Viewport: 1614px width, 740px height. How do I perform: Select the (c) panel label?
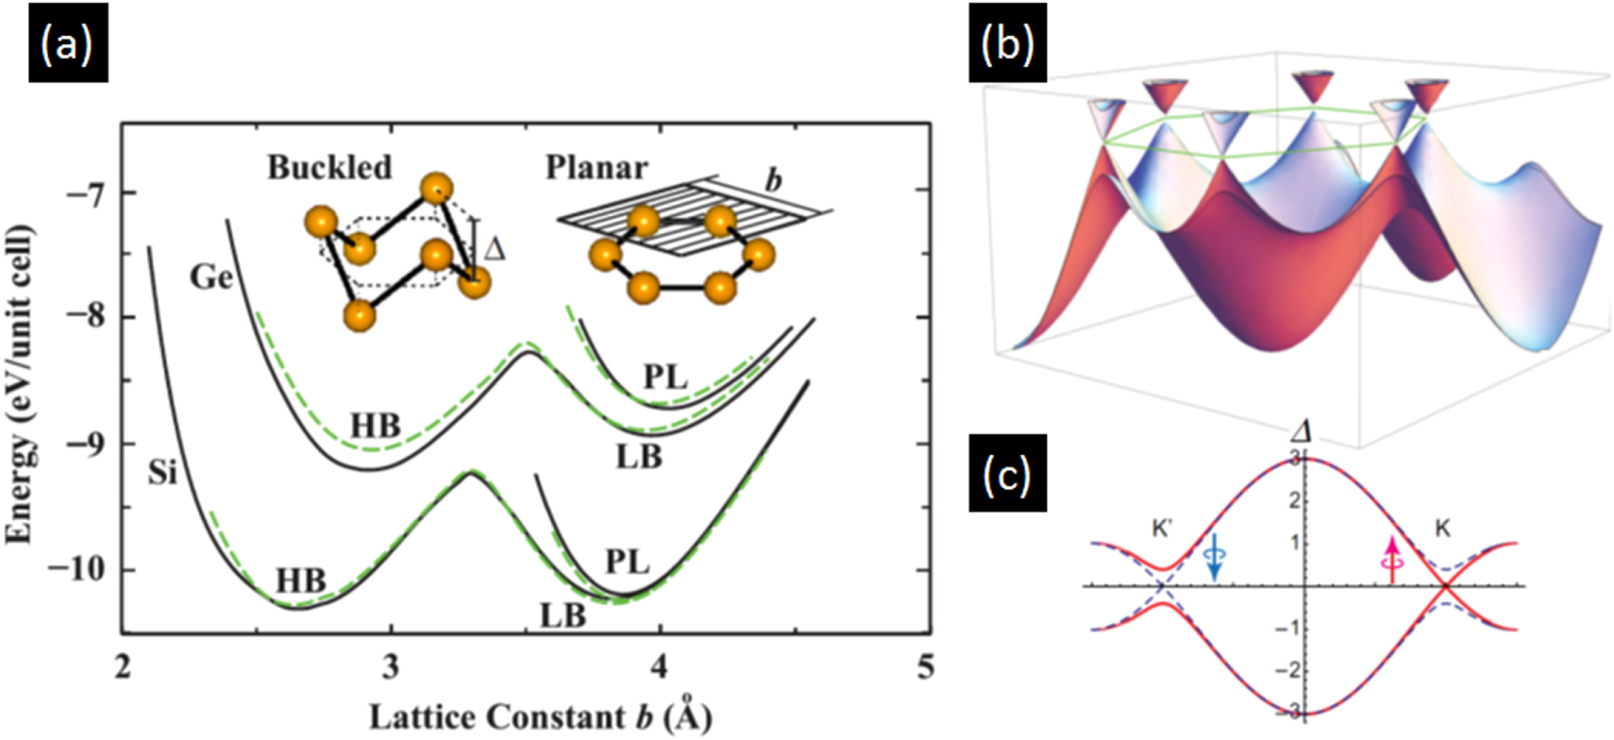(1007, 474)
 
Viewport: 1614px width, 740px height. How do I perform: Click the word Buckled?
(329, 167)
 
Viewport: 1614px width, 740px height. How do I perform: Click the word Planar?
(597, 167)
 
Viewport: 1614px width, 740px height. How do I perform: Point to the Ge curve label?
(210, 277)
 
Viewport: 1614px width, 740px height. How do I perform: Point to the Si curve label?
(162, 471)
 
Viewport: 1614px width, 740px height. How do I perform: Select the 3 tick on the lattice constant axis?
(390, 667)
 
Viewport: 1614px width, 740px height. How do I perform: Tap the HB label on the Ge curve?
(375, 427)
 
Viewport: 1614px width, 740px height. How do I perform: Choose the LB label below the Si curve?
(563, 615)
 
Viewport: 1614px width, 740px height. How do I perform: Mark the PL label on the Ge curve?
(665, 377)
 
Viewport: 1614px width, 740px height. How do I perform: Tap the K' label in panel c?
(1162, 529)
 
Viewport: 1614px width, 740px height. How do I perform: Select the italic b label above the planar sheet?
(773, 179)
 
